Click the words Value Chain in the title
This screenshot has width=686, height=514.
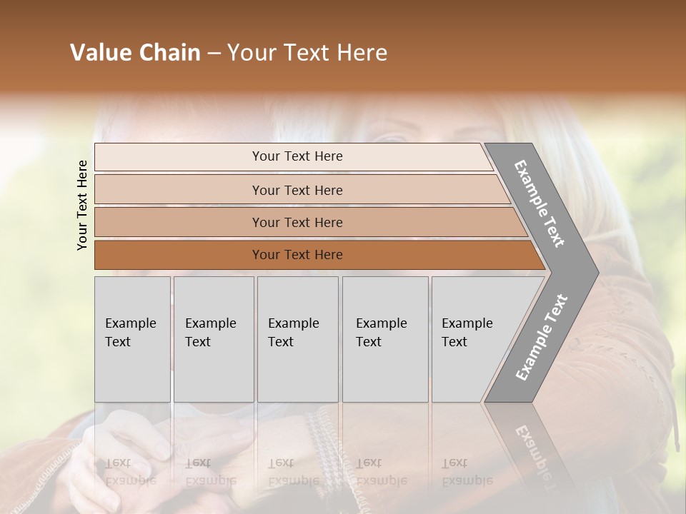coord(135,53)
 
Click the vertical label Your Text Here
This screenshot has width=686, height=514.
coord(82,205)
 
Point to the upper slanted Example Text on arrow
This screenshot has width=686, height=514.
coord(540,203)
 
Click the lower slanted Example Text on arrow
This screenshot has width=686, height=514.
coord(542,337)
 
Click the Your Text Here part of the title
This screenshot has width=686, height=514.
coord(307,53)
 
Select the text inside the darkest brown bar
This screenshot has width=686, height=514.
coord(297,255)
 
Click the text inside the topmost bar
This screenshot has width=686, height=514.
coord(297,156)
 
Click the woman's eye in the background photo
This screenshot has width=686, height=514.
coord(392,138)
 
